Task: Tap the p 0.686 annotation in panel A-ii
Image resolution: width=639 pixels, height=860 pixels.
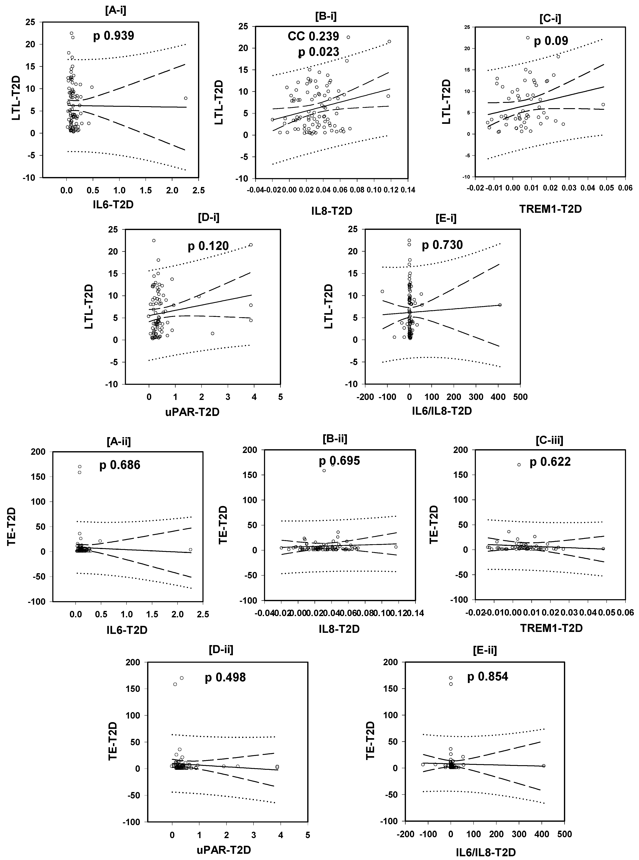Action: click(120, 465)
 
